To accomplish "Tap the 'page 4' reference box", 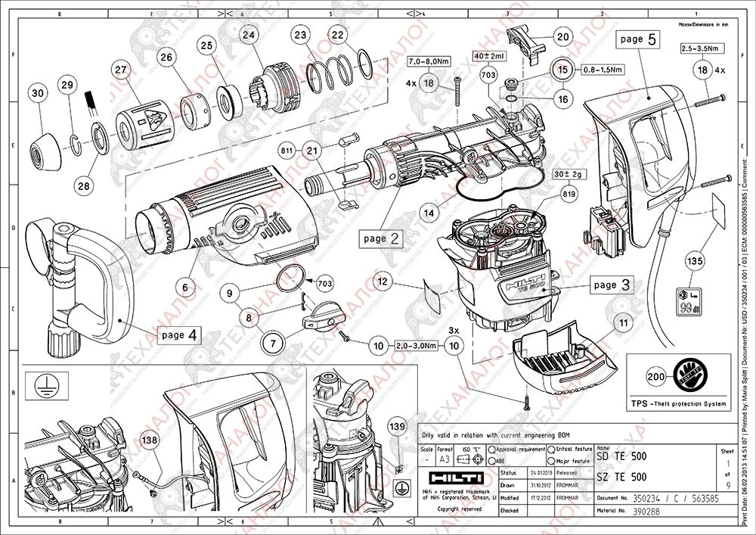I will (179, 334).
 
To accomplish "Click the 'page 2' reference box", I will (380, 238).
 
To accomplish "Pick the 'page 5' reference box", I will (637, 39).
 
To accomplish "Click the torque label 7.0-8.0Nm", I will (429, 61).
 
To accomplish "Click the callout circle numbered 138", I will (150, 439).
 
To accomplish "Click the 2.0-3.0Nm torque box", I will (416, 346).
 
